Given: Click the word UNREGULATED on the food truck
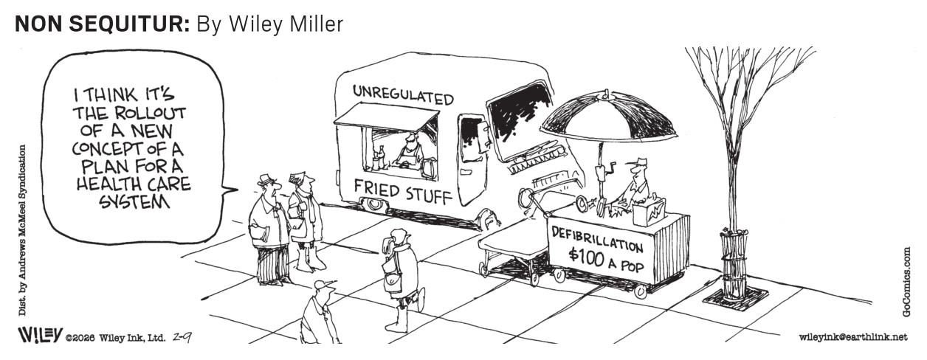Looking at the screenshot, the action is (x=403, y=94).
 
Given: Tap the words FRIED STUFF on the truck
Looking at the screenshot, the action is (x=403, y=193).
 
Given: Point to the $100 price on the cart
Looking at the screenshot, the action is (x=586, y=257).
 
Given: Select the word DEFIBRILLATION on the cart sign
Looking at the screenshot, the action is (x=597, y=240).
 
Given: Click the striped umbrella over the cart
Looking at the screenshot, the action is (x=608, y=117).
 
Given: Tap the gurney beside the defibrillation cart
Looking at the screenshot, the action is (x=512, y=252).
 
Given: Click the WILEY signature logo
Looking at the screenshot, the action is (x=40, y=335).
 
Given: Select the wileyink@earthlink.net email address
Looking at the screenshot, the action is (x=854, y=337).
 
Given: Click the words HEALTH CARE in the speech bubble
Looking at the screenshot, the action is (x=134, y=184).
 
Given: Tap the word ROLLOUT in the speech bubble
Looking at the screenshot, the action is (x=150, y=113).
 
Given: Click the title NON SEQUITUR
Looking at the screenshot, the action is (x=102, y=24).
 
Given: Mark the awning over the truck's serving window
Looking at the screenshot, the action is (x=387, y=115).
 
